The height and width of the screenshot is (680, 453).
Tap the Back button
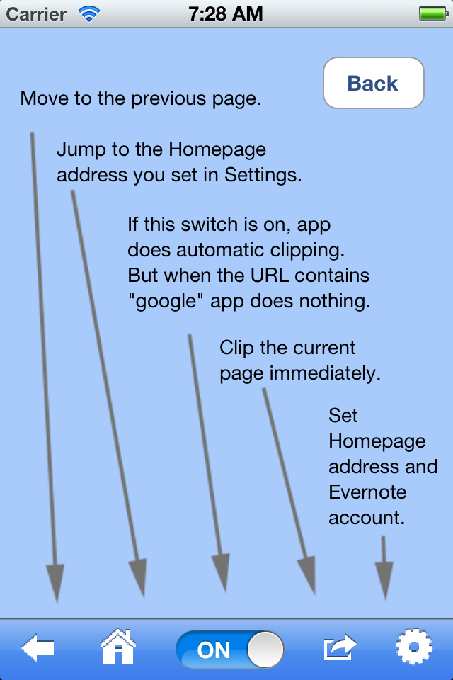pos(373,84)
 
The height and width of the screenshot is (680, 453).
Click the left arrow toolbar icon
pos(38,647)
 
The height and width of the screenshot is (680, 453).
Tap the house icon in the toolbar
pos(118,647)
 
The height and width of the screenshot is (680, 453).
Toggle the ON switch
pos(230,649)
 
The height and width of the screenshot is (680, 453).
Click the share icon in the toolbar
pos(340,647)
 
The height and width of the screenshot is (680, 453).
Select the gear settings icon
pos(413,647)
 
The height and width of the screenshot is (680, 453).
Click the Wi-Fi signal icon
pos(89,13)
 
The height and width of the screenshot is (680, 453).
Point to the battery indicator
pos(432,13)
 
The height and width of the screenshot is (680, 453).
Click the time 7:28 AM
pos(226,13)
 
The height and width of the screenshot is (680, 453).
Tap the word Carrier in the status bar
pos(36,13)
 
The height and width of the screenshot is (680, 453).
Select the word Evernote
pos(367,492)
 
